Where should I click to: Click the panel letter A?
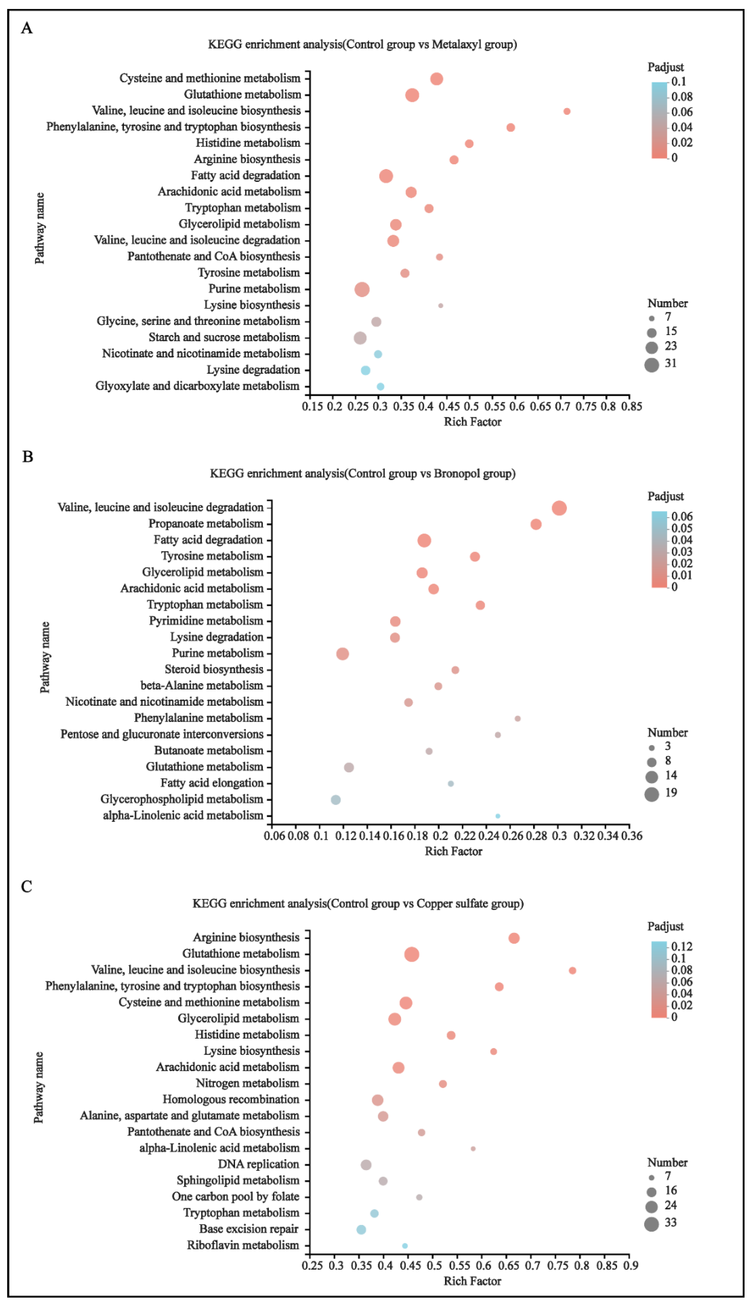click(27, 28)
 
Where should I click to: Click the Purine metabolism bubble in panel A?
click(362, 289)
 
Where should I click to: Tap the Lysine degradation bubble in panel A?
click(366, 370)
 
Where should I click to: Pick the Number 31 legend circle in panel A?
click(652, 365)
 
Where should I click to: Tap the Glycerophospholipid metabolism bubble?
click(336, 800)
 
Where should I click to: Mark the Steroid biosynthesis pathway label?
click(214, 669)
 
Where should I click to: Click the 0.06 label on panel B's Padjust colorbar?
click(682, 516)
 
